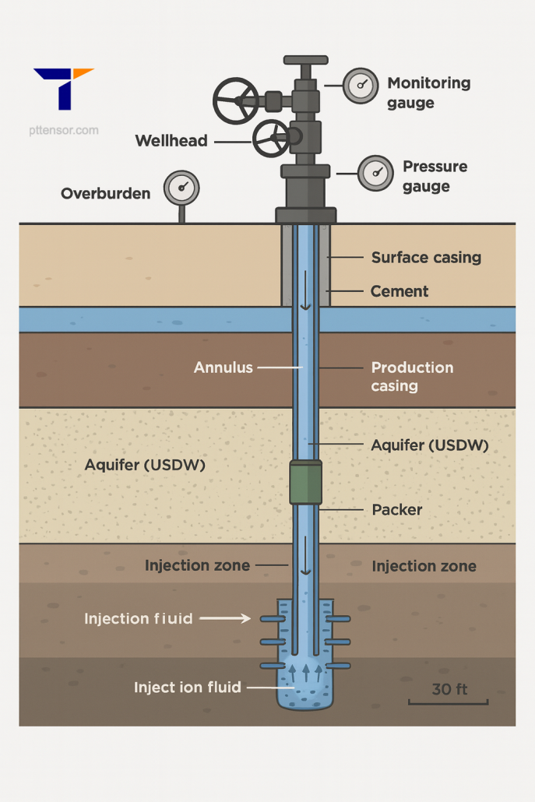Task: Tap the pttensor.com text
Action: tap(66, 131)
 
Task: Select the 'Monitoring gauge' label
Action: tap(428, 93)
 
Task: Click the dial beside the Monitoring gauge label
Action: tap(361, 86)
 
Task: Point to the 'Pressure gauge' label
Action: tap(435, 176)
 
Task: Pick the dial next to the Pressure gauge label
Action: tap(375, 172)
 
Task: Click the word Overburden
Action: tap(105, 193)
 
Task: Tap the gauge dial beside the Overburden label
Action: tap(181, 188)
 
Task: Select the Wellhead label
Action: tap(171, 141)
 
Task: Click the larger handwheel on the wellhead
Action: tap(236, 100)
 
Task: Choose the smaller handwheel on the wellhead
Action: tap(273, 138)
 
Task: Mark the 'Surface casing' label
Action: tap(426, 258)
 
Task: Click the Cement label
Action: tap(399, 291)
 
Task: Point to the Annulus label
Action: tap(224, 367)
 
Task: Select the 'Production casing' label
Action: tap(412, 376)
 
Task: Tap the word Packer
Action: tap(397, 510)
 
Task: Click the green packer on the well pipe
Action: tap(305, 482)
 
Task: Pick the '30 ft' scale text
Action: tap(449, 690)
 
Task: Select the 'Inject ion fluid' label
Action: tap(188, 688)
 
